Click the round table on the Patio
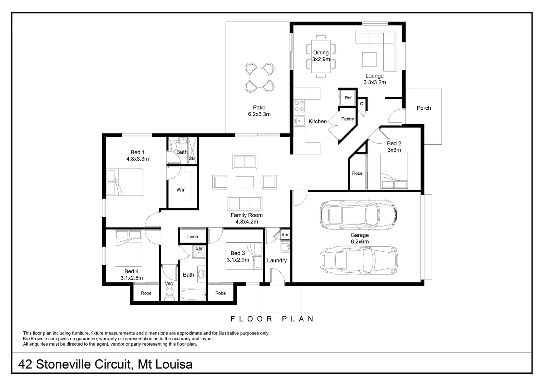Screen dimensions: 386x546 tap(260, 77)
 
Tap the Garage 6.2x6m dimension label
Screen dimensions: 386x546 tap(359, 242)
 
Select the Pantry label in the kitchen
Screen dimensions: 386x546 tap(347, 119)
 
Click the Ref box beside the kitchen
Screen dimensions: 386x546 tap(348, 98)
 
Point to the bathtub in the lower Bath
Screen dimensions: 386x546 tap(193, 295)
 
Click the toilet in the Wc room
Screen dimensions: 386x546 tap(169, 293)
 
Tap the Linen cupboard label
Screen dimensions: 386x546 tap(192, 237)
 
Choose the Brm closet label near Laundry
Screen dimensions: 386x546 tap(285, 235)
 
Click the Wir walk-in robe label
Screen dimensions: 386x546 tap(181, 190)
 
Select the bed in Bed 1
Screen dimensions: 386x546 tap(125, 182)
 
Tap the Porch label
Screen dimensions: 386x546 tap(424, 108)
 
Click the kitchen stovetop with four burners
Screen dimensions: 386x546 tap(299, 105)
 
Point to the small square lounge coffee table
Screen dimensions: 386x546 tap(369, 59)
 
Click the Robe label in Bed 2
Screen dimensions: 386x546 tap(357, 173)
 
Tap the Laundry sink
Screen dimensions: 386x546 tap(285, 247)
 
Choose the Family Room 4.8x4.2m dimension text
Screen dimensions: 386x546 tap(246, 222)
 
